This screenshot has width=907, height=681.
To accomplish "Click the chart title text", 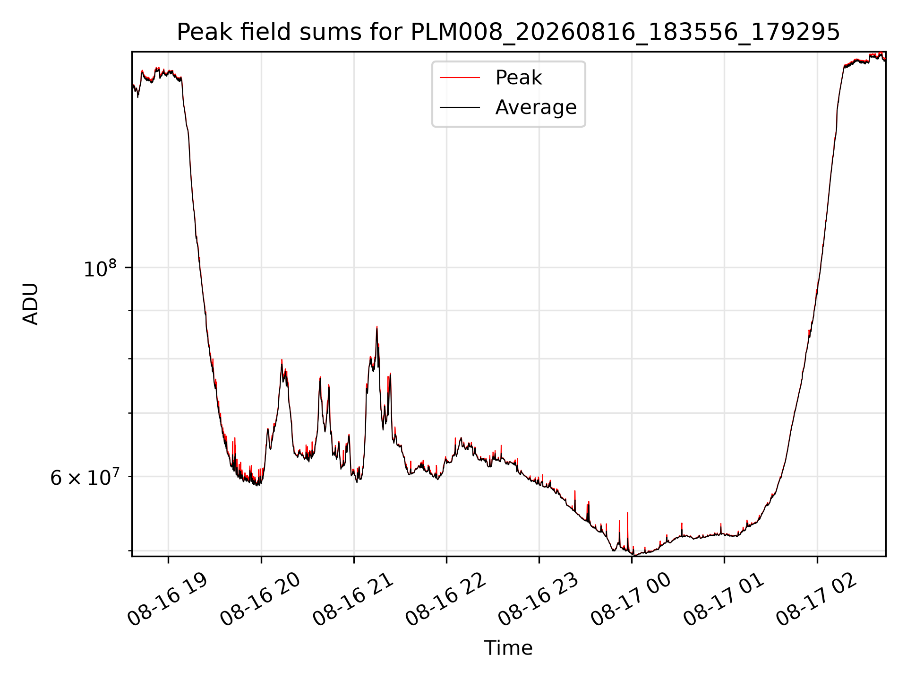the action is pos(508,32).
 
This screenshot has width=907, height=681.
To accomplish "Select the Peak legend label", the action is pos(518,78).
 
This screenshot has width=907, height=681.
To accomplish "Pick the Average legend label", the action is pos(536,107).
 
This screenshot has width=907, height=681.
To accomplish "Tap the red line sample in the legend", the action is pos(460,78).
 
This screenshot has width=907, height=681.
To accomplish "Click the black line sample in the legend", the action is pos(460,108).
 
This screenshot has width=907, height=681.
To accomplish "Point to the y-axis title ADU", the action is pos(31,304).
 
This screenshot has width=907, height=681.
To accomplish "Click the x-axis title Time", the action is pos(508,648).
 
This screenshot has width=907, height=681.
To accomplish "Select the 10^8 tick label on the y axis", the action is pos(100,268).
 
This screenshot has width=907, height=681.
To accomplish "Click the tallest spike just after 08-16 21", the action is pos(376,327).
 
